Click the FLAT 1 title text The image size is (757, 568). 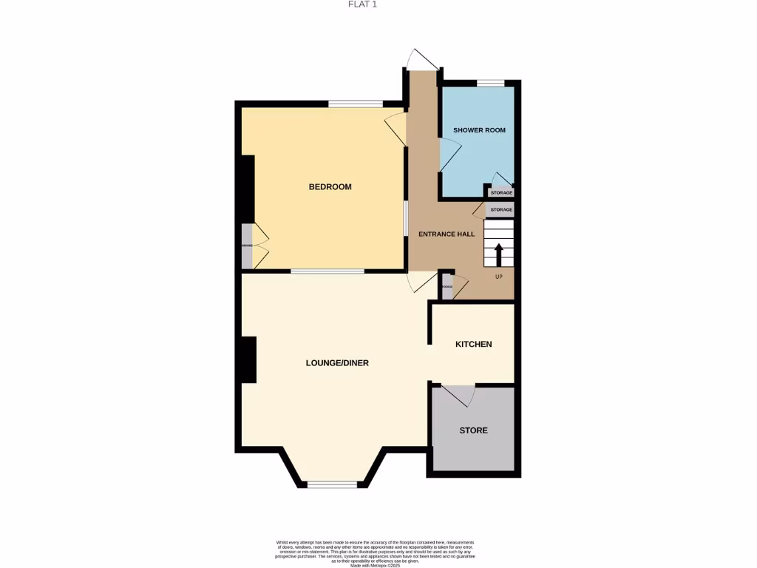point(362,4)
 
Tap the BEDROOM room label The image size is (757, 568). point(330,187)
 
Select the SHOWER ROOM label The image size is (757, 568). point(479,130)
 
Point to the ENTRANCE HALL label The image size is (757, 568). point(447,234)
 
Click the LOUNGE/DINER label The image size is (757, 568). point(337,363)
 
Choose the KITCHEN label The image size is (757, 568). point(473,344)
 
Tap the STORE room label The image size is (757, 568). point(473,430)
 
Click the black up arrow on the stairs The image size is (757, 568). point(498,254)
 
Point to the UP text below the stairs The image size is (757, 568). point(498,277)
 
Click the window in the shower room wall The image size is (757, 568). point(489,83)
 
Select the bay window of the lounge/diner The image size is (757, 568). point(332,485)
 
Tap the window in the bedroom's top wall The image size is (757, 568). point(355,104)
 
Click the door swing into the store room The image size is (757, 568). point(458,395)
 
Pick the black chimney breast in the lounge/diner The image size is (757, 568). point(248,359)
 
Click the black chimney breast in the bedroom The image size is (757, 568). point(248,188)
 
